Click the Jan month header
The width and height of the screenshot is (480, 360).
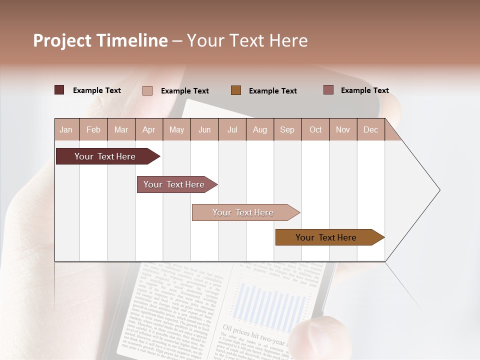click(x=66, y=129)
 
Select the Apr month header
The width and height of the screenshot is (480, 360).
click(x=149, y=129)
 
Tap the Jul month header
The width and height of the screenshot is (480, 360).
click(x=232, y=129)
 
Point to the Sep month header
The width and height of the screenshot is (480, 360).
click(x=287, y=129)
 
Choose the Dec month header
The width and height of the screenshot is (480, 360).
click(x=370, y=129)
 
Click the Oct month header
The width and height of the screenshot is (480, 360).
click(x=315, y=129)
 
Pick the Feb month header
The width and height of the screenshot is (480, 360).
click(x=93, y=129)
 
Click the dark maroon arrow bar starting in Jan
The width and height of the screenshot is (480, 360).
click(x=105, y=156)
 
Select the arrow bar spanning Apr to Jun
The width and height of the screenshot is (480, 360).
click(x=174, y=184)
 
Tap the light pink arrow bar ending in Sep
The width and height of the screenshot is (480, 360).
click(x=243, y=212)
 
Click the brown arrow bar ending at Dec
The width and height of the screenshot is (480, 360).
click(x=326, y=237)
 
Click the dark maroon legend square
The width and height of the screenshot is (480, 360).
click(x=59, y=90)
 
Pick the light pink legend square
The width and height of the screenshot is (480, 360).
click(x=147, y=90)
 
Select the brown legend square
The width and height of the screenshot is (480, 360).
click(x=236, y=90)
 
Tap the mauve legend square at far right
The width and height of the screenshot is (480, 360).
click(x=328, y=90)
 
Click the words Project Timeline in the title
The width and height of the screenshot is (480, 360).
click(x=100, y=40)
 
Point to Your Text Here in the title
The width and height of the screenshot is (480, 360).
click(x=247, y=40)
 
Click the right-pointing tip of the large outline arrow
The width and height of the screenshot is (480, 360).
click(x=438, y=190)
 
